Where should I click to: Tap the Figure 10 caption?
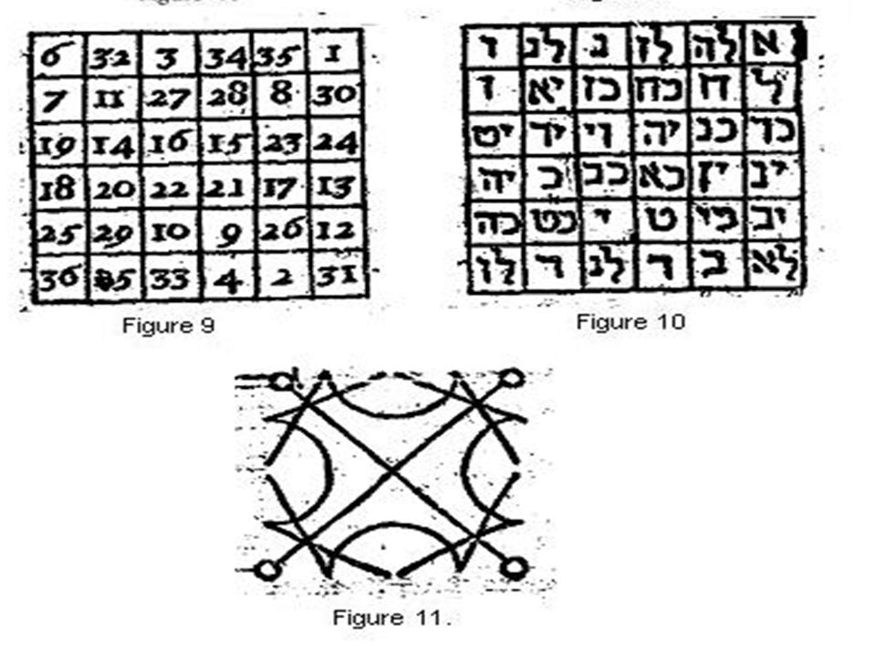(630, 321)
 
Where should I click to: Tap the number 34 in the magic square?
(223, 57)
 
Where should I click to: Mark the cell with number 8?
(281, 96)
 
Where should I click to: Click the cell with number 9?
(224, 234)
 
